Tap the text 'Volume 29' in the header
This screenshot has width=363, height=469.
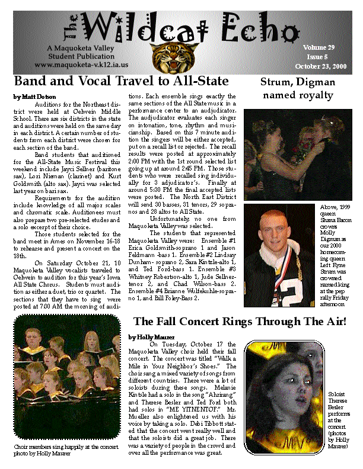click(318, 47)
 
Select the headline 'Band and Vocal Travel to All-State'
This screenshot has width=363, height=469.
click(121, 81)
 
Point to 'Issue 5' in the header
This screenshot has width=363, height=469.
click(319, 56)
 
